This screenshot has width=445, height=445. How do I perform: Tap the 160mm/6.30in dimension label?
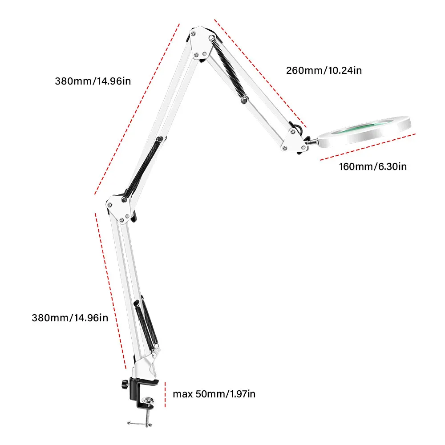point(373,167)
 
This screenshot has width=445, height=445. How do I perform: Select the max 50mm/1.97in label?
point(214,394)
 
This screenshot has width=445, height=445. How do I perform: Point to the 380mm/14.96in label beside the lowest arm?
point(70,318)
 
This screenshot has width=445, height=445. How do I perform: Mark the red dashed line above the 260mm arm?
point(260,73)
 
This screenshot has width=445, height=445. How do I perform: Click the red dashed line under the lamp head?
point(367,146)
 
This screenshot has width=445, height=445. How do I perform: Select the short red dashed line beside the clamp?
point(165,394)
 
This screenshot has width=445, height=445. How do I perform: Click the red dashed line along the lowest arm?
point(110,289)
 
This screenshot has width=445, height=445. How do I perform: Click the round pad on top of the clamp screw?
point(149,402)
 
